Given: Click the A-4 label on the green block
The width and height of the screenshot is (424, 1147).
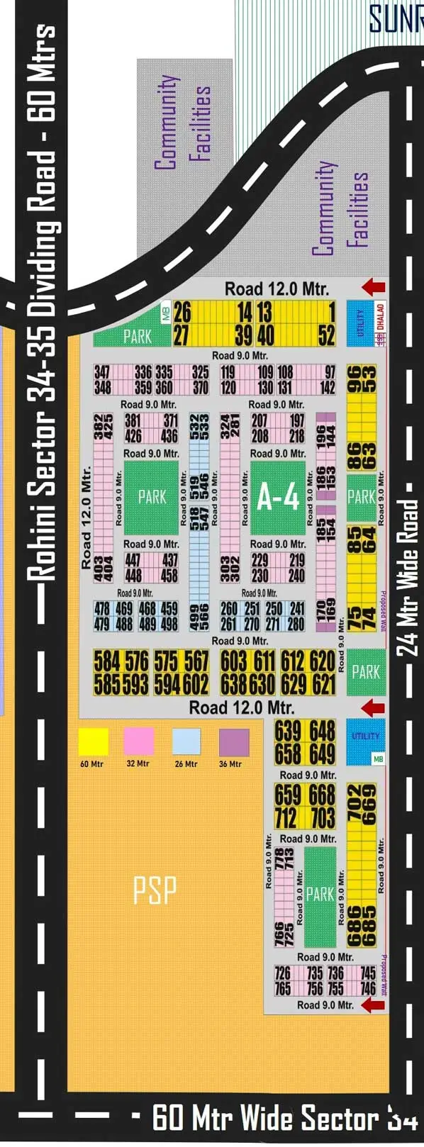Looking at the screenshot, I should [278, 498].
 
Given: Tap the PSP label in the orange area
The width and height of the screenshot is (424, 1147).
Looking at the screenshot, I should [155, 890].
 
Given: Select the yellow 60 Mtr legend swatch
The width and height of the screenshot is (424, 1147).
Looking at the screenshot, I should [93, 742].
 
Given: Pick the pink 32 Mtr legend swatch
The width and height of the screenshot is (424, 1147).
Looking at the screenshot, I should [139, 742].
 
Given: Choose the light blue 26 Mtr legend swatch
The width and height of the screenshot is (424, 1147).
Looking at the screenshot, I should [186, 742].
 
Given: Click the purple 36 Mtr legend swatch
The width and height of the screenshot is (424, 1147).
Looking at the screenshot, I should [234, 742].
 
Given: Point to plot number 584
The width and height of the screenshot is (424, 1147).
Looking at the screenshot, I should [107, 661].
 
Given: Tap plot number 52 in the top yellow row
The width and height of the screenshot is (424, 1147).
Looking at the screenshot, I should [326, 335].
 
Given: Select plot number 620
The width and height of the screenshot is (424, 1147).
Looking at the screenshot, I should [323, 661].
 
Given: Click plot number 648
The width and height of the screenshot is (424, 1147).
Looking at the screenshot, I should [323, 731].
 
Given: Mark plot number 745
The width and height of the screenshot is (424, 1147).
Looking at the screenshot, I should [368, 973].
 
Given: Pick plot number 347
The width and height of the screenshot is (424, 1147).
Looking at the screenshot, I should [102, 372].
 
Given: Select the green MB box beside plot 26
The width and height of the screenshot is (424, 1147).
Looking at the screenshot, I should [166, 313].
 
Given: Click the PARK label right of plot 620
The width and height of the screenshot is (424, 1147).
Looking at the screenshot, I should [366, 671].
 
